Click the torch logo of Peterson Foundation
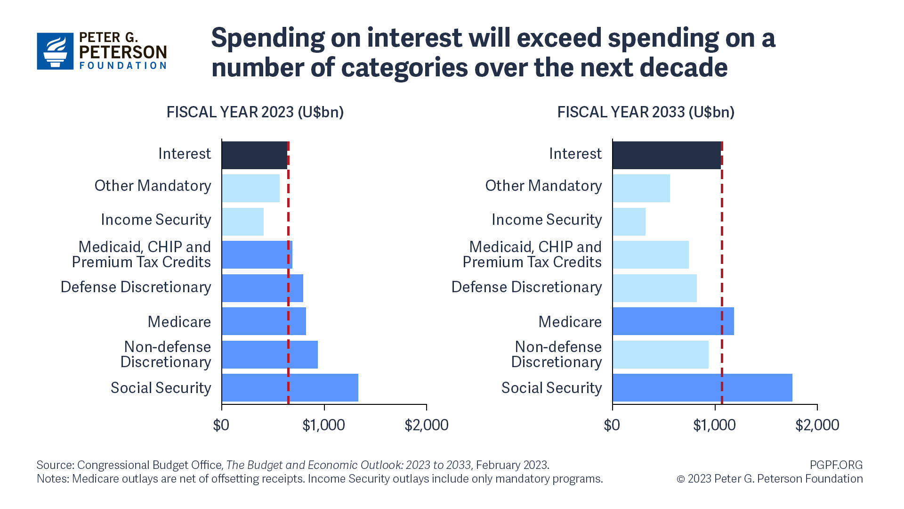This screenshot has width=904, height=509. coord(55,51)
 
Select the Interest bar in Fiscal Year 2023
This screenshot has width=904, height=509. coord(254,155)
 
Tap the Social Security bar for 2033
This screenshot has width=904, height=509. coord(702,387)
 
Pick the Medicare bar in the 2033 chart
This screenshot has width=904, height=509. coord(673,321)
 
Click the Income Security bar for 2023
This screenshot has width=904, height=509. coord(242,222)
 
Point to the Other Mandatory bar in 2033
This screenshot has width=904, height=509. coord(641,188)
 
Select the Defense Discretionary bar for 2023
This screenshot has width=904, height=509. coord(262,288)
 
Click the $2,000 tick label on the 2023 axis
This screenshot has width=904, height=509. coord(426,425)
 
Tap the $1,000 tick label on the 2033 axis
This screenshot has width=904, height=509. coord(714,425)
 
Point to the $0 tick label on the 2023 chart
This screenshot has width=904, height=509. coord(221,425)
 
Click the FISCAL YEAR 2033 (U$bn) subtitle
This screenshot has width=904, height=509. coord(646,112)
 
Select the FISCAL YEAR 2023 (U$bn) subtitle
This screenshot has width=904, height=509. coord(255,112)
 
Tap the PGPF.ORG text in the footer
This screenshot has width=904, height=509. coord(836,465)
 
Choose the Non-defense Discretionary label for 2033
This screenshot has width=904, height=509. coord(557,354)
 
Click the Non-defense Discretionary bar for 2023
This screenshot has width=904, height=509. coord(269,354)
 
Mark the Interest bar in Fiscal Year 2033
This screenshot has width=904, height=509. coord(666,155)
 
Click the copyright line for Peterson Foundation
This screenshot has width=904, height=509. coord(769,479)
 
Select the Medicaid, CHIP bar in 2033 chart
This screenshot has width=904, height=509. coord(650,254)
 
